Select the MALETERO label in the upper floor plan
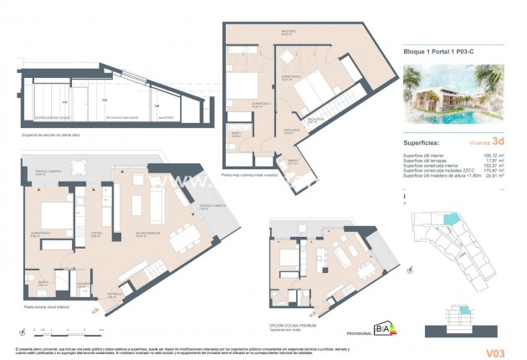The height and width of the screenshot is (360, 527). point(289,33)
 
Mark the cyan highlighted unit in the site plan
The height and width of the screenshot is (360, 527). point(452,219)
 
